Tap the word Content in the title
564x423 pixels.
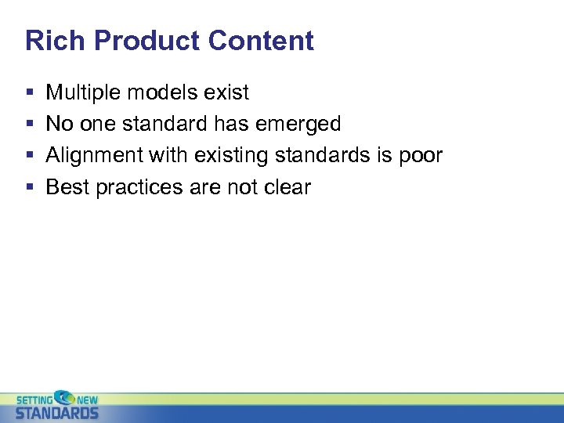click(251, 41)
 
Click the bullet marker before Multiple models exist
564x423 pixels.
click(29, 93)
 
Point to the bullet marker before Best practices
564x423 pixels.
click(29, 187)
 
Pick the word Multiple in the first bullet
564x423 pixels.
click(82, 93)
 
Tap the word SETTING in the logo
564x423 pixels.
click(33, 399)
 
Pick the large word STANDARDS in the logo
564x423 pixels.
click(57, 412)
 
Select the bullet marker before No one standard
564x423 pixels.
click(29, 125)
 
